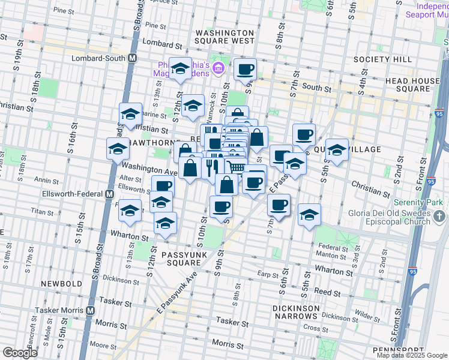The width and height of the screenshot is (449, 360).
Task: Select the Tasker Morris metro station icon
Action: point(91,311)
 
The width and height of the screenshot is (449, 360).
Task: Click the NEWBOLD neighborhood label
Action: point(61,283)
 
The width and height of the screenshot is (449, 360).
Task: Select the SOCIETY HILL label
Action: point(382,59)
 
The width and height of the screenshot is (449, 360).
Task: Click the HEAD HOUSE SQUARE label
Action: point(413,85)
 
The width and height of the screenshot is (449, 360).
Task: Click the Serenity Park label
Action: point(421,202)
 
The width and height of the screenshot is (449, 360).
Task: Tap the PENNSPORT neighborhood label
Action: point(398,350)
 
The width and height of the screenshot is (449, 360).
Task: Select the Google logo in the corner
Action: point(20,353)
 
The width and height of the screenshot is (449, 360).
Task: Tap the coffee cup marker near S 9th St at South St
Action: point(245,69)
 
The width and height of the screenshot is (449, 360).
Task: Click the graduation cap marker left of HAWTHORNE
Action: point(118,148)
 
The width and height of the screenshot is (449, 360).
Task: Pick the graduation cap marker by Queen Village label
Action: point(337,150)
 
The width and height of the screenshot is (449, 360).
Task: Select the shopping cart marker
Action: point(236,168)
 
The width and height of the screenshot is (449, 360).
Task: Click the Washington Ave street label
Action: point(149,169)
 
